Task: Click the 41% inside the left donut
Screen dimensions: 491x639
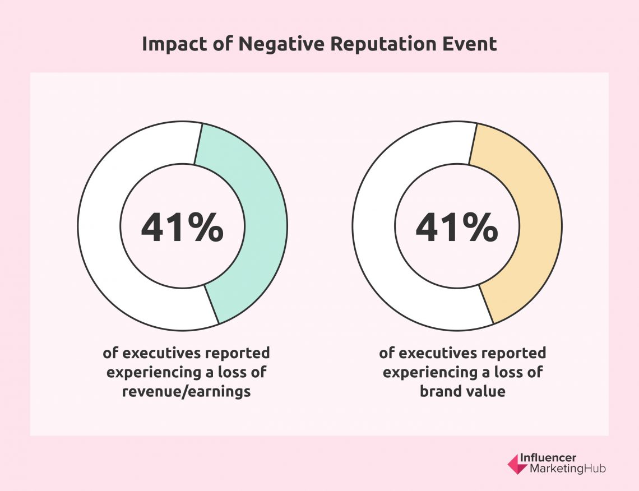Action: coord(182,229)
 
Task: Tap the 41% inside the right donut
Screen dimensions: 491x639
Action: coord(457,229)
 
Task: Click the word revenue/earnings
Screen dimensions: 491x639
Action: coord(187,391)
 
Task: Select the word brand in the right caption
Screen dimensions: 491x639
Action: coord(440,391)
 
